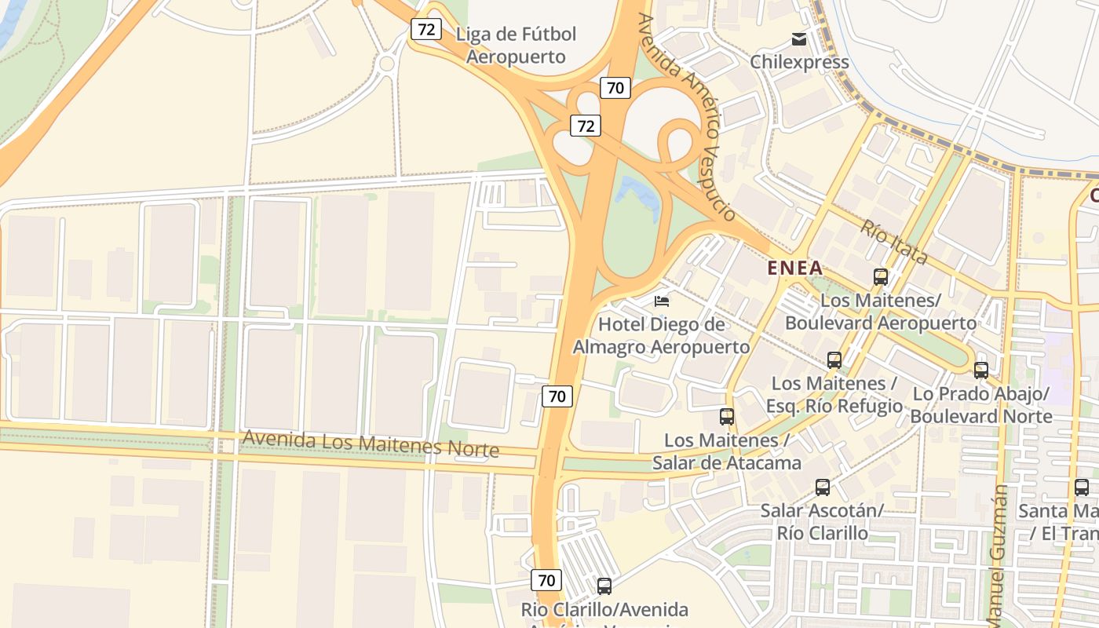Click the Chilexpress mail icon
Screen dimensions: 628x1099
point(799,39)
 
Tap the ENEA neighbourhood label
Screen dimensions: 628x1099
point(794,268)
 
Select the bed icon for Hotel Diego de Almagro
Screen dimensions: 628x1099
point(662,301)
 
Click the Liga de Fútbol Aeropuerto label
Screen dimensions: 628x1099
point(516,46)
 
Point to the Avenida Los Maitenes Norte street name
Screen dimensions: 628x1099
point(371,444)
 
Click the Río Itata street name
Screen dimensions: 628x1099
point(894,243)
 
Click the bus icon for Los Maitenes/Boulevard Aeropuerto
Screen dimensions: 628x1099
point(881,276)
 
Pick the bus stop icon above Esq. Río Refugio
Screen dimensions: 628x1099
point(834,360)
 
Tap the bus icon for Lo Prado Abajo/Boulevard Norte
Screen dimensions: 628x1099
point(981,371)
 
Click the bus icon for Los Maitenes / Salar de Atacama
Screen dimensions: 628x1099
point(727,417)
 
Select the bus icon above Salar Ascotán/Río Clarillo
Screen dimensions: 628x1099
point(823,487)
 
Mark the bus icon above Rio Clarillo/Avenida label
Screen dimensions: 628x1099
point(604,586)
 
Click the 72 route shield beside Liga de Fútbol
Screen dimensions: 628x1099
point(425,30)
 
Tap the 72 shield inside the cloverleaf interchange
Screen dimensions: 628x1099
point(586,125)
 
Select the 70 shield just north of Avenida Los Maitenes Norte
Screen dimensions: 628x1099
point(557,396)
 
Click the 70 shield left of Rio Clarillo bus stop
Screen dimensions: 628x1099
point(546,581)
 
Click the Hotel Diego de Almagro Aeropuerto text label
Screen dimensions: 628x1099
point(661,335)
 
